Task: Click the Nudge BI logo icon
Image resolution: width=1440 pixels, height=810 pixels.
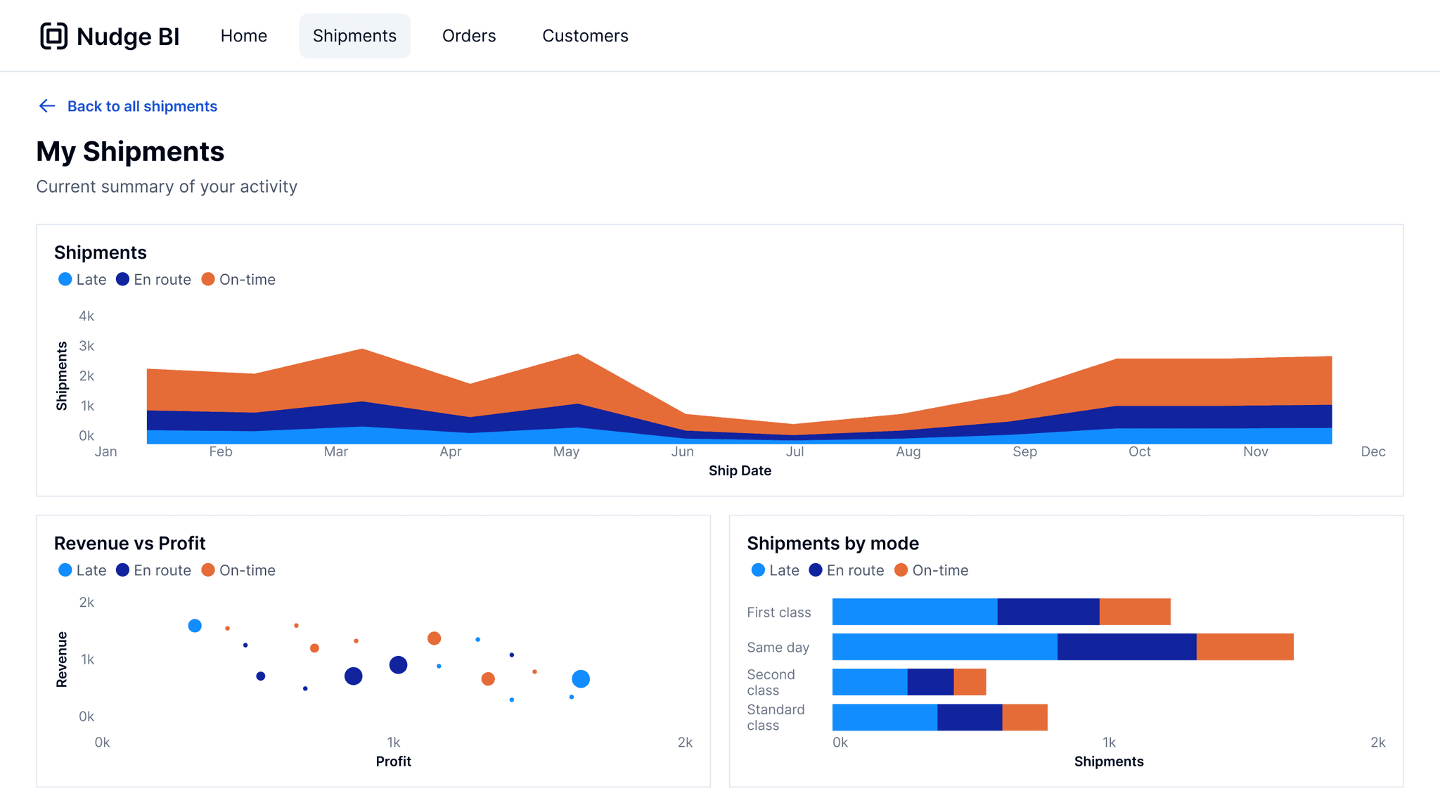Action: point(53,36)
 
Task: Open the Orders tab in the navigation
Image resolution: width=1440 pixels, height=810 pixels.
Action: point(468,36)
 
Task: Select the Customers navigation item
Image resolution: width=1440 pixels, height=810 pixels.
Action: point(584,36)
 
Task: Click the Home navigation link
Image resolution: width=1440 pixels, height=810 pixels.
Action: point(243,36)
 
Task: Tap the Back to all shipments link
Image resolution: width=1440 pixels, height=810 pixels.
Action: point(141,106)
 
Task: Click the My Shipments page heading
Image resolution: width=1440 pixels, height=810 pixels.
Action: point(130,152)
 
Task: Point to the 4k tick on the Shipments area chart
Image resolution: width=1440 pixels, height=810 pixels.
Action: point(86,316)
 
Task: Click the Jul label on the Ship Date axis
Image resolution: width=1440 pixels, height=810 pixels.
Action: point(795,451)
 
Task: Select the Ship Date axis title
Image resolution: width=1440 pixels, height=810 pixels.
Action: point(739,470)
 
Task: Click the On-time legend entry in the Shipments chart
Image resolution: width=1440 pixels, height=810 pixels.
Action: point(238,280)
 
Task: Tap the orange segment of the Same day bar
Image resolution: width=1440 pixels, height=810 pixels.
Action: point(1244,647)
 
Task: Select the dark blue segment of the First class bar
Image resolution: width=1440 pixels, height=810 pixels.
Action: point(1048,612)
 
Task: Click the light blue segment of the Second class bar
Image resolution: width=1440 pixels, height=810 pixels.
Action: point(869,682)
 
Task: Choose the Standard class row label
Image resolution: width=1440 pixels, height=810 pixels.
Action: point(775,717)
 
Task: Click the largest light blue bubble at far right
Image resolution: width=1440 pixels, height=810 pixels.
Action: point(580,679)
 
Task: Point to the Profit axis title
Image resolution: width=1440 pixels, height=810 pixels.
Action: point(393,761)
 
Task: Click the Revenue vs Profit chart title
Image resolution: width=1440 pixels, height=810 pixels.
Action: point(129,544)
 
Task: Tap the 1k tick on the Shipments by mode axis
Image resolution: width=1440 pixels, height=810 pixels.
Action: point(1109,742)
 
